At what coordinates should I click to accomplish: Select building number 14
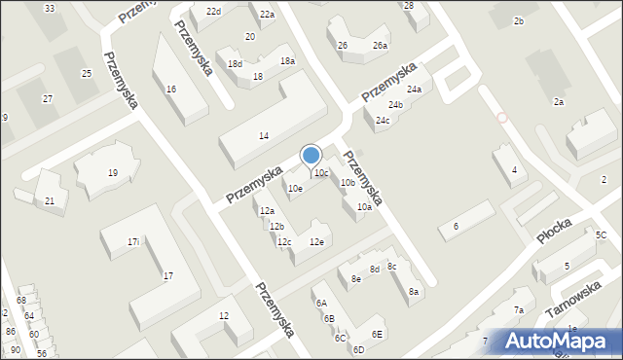(x=264, y=135)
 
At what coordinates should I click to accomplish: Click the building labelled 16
(x=171, y=89)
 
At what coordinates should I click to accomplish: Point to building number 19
(x=113, y=173)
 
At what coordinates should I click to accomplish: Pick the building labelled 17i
(x=133, y=241)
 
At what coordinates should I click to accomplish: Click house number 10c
(x=320, y=172)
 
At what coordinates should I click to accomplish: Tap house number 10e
(x=294, y=188)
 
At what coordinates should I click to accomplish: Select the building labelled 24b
(x=395, y=104)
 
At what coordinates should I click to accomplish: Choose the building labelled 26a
(x=380, y=46)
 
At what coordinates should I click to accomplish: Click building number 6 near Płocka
(x=455, y=226)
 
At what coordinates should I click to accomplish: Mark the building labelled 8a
(x=414, y=291)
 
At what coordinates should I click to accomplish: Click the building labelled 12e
(x=316, y=241)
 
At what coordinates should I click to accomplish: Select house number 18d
(x=235, y=63)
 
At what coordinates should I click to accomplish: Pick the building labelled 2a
(x=559, y=101)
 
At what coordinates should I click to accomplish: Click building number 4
(x=514, y=170)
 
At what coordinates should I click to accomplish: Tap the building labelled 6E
(x=377, y=334)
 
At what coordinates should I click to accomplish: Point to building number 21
(x=50, y=200)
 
